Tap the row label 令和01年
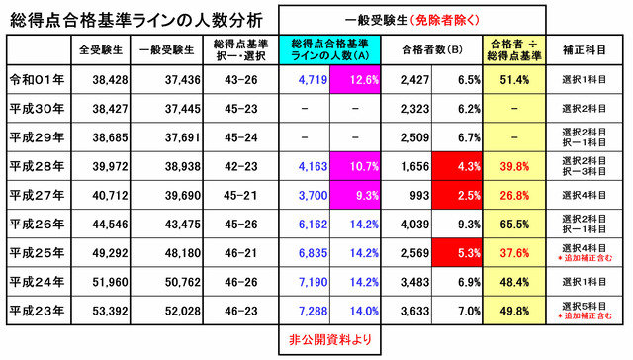click(36, 78)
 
